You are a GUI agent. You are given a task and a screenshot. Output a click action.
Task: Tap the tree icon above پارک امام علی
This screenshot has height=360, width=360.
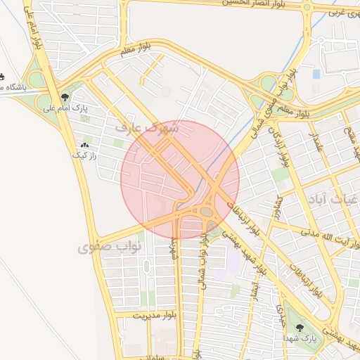(x=65, y=98)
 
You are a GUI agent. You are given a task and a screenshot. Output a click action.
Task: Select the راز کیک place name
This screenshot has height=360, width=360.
(x=84, y=155)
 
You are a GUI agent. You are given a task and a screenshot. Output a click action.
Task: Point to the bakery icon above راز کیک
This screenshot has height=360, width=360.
(x=85, y=145)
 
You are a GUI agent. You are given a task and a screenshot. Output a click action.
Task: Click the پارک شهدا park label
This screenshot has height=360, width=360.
(x=300, y=338)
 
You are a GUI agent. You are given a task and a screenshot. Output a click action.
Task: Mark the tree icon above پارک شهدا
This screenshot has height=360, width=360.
(x=300, y=328)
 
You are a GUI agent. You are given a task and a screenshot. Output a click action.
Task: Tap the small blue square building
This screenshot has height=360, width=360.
(x=316, y=73)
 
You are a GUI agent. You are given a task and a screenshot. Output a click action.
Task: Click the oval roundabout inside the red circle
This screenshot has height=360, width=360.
(x=207, y=210)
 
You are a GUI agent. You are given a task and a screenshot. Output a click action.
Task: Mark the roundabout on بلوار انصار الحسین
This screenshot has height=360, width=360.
(x=307, y=8)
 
